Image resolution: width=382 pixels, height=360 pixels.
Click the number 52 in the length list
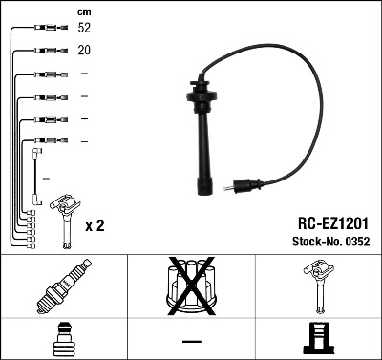[85, 29]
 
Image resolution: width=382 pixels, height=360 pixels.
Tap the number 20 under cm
[85, 51]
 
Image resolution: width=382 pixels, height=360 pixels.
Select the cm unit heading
[84, 11]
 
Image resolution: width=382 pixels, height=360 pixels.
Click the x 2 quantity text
[95, 227]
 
